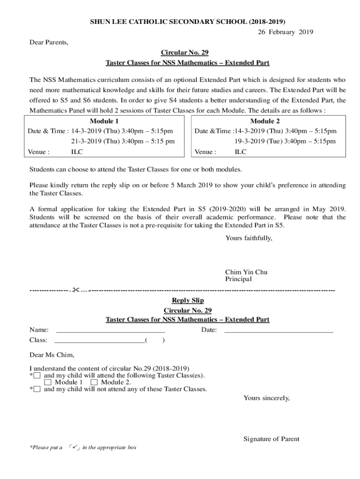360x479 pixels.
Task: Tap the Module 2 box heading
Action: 265,121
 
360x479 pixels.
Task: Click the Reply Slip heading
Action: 187,300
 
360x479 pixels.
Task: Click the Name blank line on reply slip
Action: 110,330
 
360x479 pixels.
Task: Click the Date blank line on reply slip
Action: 279,330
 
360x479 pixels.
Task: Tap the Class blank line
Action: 100,341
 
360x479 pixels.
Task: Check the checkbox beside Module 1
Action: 48,383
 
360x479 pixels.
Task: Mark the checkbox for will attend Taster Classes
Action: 37,376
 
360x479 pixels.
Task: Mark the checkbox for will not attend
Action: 37,389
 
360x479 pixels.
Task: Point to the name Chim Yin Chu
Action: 246,272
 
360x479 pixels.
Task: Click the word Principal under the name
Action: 238,279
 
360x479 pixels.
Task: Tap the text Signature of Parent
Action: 271,439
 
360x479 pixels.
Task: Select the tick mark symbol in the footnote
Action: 73,447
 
